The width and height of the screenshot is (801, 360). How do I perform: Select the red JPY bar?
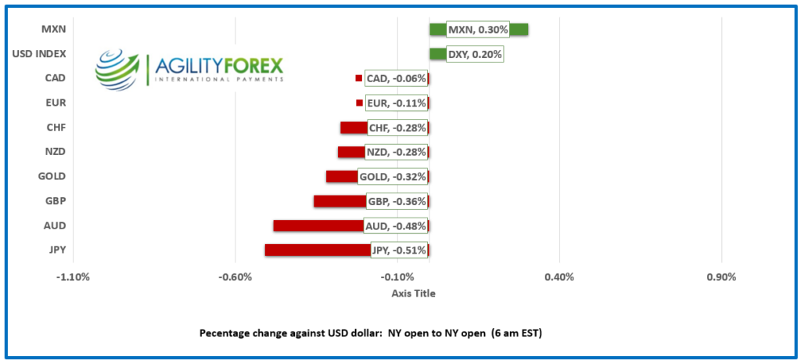[317, 250]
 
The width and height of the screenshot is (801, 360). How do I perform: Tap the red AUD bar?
[318, 226]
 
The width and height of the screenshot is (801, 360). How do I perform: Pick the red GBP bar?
[339, 202]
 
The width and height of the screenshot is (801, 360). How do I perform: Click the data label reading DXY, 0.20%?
[474, 55]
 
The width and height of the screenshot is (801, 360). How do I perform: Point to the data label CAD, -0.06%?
[396, 79]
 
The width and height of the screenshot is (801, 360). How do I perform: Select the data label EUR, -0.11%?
[396, 103]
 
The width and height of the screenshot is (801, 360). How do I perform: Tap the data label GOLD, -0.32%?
[393, 177]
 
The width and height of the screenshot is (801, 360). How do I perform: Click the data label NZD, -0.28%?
[396, 153]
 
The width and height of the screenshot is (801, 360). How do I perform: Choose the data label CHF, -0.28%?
[397, 128]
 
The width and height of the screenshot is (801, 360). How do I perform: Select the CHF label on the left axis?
[56, 128]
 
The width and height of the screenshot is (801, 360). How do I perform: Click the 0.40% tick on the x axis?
[559, 277]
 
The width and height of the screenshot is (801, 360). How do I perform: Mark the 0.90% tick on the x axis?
[721, 277]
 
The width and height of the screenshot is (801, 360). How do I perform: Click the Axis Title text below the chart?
[413, 293]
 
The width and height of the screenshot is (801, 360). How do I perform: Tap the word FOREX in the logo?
[252, 64]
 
